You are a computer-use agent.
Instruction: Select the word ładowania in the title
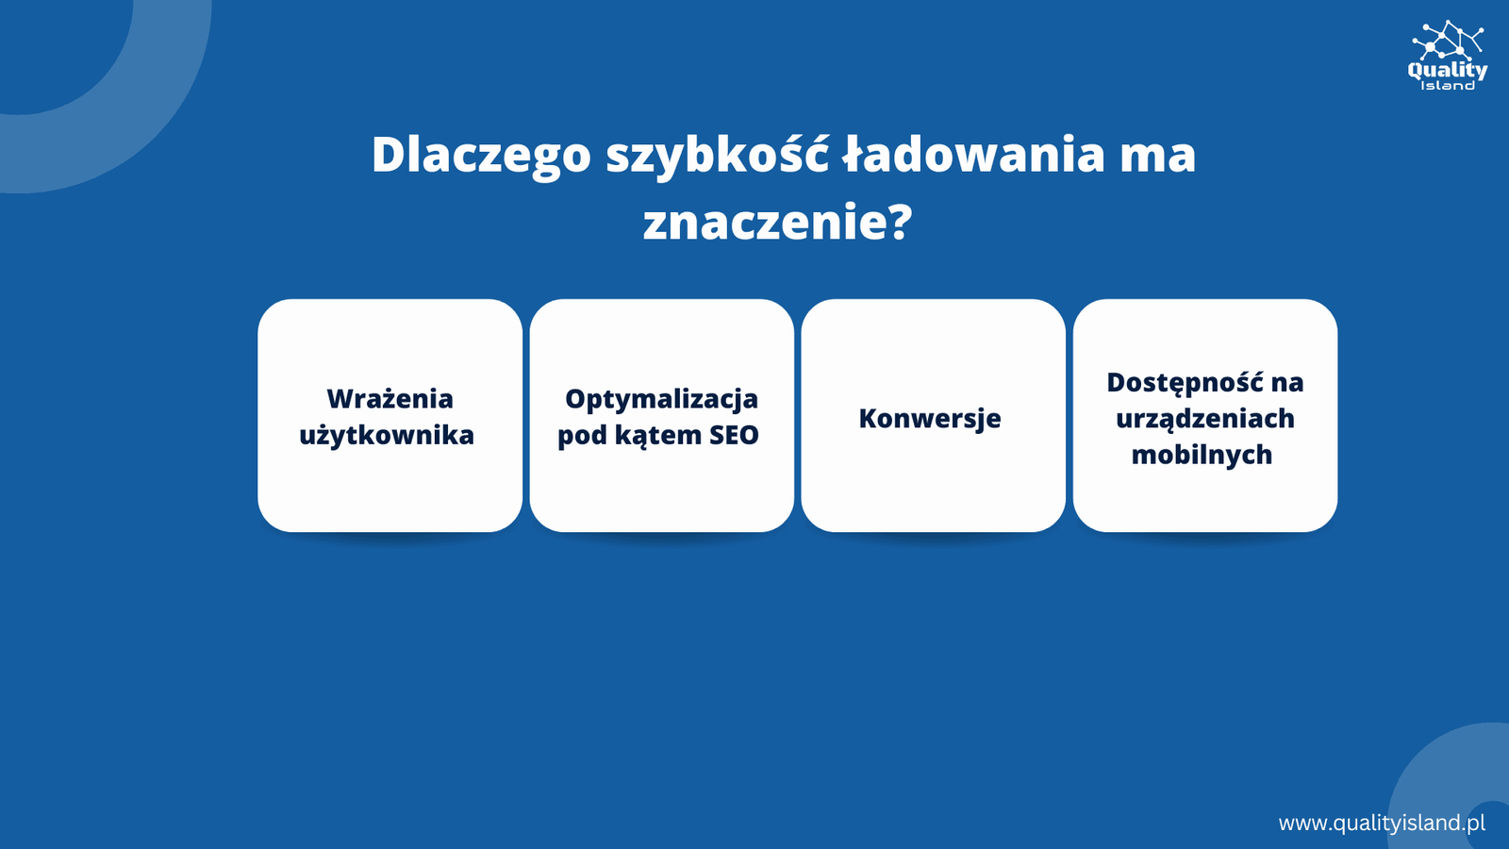[x=972, y=155]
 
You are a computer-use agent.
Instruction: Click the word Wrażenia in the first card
[x=390, y=398]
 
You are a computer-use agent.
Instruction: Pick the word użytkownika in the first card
[x=387, y=436]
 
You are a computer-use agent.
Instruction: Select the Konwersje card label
[x=930, y=419]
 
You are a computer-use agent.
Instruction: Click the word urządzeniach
[x=1205, y=420]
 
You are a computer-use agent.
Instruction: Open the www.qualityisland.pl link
[x=1382, y=823]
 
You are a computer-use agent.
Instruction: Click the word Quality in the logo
[x=1448, y=71]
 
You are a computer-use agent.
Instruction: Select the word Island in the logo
[x=1448, y=86]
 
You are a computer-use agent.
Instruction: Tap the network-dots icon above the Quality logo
[x=1448, y=40]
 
